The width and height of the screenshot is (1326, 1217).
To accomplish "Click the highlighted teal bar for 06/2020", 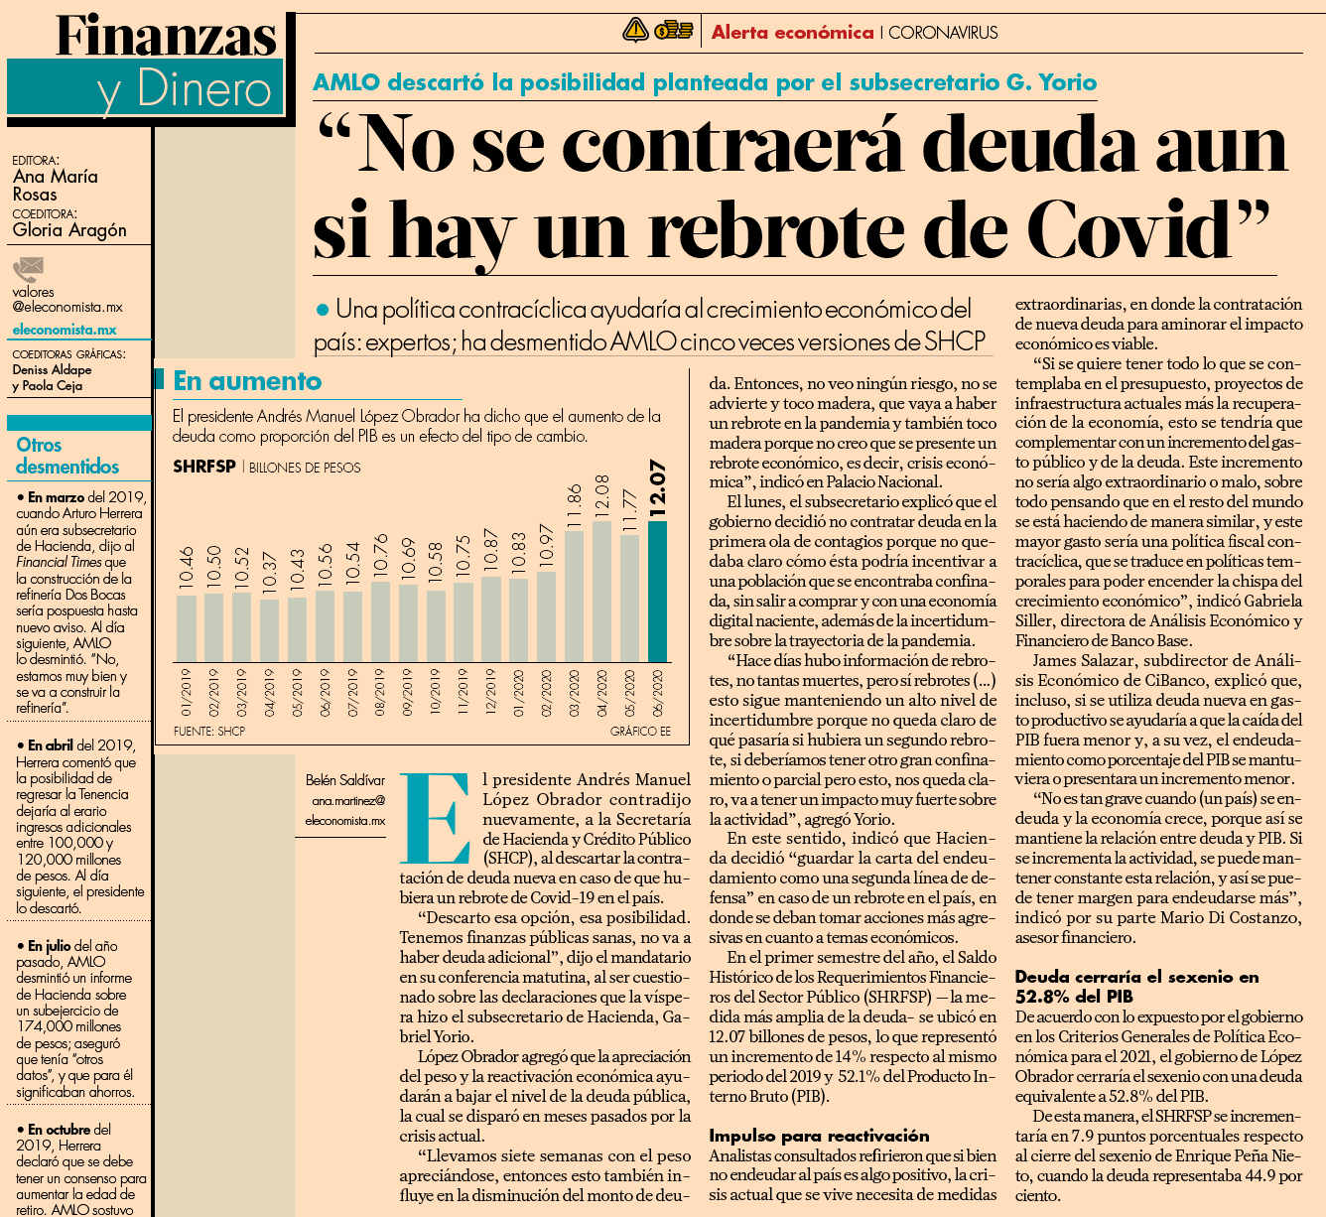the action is tap(657, 592).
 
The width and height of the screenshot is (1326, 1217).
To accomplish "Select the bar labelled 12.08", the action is tap(601, 592).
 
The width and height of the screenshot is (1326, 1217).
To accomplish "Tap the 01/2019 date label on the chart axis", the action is tap(186, 692).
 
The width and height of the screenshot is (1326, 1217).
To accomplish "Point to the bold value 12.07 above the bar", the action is tap(658, 488).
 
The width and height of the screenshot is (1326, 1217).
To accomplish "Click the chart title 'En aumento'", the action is tap(247, 381).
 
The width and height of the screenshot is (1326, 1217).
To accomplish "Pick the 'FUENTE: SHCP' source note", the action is tap(208, 731).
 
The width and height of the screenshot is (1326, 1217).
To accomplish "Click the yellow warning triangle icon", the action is tap(635, 30).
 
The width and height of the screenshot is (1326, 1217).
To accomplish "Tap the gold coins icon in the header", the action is tap(674, 30).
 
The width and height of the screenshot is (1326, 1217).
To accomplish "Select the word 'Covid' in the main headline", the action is tap(1146, 228).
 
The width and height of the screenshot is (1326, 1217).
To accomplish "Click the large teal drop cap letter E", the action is tap(435, 818).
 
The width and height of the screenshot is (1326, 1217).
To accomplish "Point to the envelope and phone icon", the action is tap(29, 269).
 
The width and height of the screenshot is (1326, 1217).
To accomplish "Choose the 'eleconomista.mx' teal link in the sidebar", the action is tap(65, 330).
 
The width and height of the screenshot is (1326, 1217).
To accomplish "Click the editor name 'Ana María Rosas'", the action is tap(55, 186).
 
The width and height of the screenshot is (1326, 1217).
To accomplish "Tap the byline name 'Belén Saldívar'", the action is tap(345, 780).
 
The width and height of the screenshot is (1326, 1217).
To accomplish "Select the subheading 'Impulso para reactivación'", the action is tap(819, 1136).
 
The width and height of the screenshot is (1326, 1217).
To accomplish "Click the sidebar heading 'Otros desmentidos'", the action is tap(67, 456).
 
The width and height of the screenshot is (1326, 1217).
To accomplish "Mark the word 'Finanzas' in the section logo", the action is tap(167, 37).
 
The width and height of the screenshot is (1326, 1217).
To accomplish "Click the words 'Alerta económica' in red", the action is tap(792, 33).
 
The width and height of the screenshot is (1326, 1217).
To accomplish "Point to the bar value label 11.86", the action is tap(575, 507).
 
